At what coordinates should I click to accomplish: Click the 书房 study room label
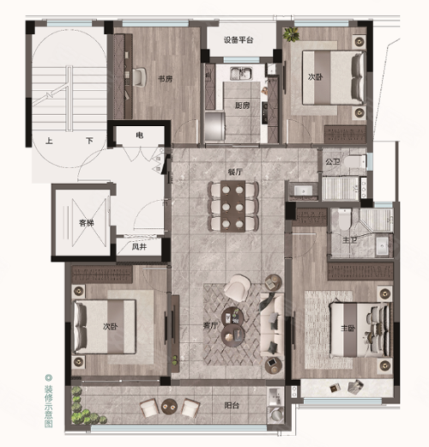(x=166, y=79)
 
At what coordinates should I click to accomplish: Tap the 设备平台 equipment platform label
(x=239, y=39)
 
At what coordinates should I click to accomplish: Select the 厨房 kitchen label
(x=242, y=106)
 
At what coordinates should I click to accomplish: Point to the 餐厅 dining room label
(x=235, y=172)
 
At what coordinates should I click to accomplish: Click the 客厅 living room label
(x=210, y=325)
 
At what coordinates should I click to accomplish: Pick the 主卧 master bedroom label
(x=347, y=328)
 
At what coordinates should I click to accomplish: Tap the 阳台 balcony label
(x=232, y=405)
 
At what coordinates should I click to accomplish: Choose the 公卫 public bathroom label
(x=332, y=162)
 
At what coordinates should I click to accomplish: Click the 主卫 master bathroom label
(x=350, y=240)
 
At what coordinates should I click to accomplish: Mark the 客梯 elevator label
(x=87, y=223)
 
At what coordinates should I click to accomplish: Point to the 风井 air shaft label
(x=139, y=246)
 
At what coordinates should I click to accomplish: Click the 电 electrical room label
(x=140, y=135)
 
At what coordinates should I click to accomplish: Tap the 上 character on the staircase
(x=49, y=141)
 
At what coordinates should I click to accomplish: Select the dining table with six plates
(x=233, y=206)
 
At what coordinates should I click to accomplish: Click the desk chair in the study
(x=139, y=77)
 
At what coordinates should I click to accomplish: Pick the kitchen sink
(x=241, y=73)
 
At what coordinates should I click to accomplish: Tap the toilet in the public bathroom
(x=354, y=162)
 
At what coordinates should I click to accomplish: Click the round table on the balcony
(x=169, y=406)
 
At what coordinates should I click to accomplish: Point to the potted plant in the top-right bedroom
(x=291, y=34)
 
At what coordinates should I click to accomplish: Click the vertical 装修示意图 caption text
(x=49, y=402)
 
